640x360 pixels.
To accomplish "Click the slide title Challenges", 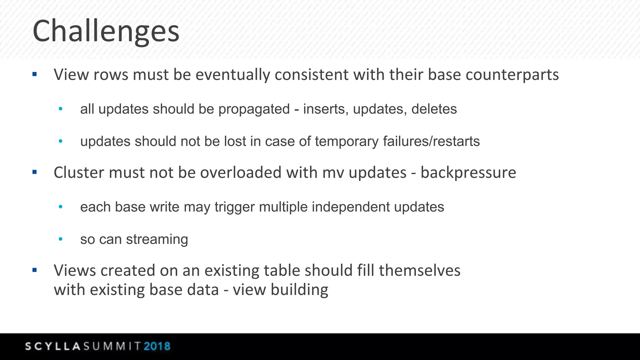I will click(x=106, y=31).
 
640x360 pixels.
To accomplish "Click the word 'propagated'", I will click(x=254, y=109).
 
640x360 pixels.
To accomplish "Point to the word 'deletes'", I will click(x=434, y=109).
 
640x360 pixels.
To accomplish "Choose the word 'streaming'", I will click(x=157, y=239).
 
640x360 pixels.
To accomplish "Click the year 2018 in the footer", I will click(x=157, y=346).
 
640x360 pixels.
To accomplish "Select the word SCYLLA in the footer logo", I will click(x=53, y=346).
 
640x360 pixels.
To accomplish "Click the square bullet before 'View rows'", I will click(x=35, y=74).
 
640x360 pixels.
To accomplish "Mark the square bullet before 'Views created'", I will click(x=35, y=270).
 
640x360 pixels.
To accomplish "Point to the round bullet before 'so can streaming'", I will click(x=61, y=239).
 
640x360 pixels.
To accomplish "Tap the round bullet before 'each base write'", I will click(x=61, y=207).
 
